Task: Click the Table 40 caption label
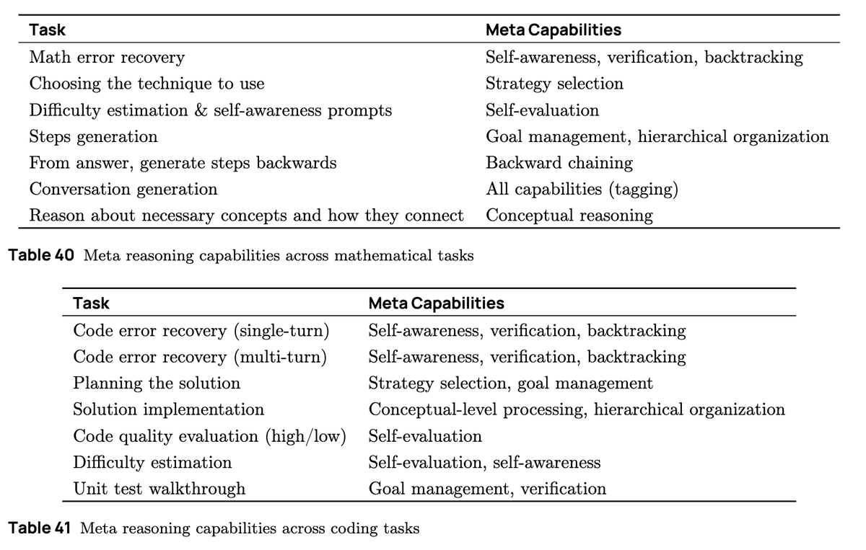[41, 256]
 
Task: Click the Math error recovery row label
[107, 57]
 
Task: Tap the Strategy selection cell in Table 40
[554, 84]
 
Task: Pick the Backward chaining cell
[559, 163]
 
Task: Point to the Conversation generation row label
[123, 189]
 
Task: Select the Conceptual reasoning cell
[569, 216]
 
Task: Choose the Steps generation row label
[93, 136]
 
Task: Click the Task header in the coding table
[92, 303]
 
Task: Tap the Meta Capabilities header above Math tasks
[554, 30]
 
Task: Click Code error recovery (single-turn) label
[201, 331]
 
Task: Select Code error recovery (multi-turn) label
[200, 357]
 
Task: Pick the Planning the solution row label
[157, 383]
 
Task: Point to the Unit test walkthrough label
[159, 489]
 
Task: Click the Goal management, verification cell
[487, 489]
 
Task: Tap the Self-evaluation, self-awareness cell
[484, 462]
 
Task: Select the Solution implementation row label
[168, 409]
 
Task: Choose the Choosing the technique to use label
[146, 84]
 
